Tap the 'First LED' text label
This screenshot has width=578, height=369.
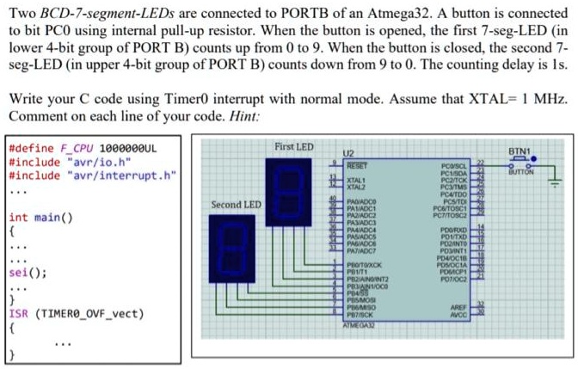click(x=294, y=147)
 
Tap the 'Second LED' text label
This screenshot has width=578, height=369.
click(x=236, y=205)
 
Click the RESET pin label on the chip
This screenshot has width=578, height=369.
click(x=356, y=163)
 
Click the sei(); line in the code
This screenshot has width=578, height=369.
click(x=27, y=273)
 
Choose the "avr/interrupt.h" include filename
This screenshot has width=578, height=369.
click(x=120, y=175)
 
